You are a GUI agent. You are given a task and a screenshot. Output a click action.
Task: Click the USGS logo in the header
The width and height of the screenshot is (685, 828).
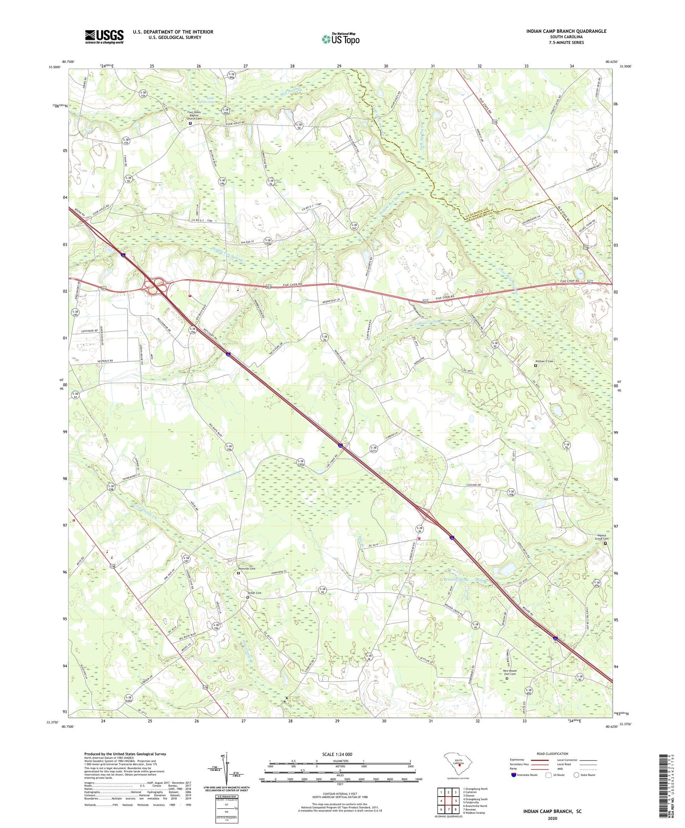coord(104,37)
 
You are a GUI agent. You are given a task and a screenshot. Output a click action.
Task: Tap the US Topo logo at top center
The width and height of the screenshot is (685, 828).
coord(340,39)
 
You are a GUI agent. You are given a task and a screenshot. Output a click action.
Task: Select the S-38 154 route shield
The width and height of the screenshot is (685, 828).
coord(143,93)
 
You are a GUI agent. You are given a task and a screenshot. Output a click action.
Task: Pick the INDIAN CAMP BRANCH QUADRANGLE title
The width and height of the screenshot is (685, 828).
coord(566,31)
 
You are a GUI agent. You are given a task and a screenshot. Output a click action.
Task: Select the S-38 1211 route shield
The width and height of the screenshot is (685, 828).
coord(374,449)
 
